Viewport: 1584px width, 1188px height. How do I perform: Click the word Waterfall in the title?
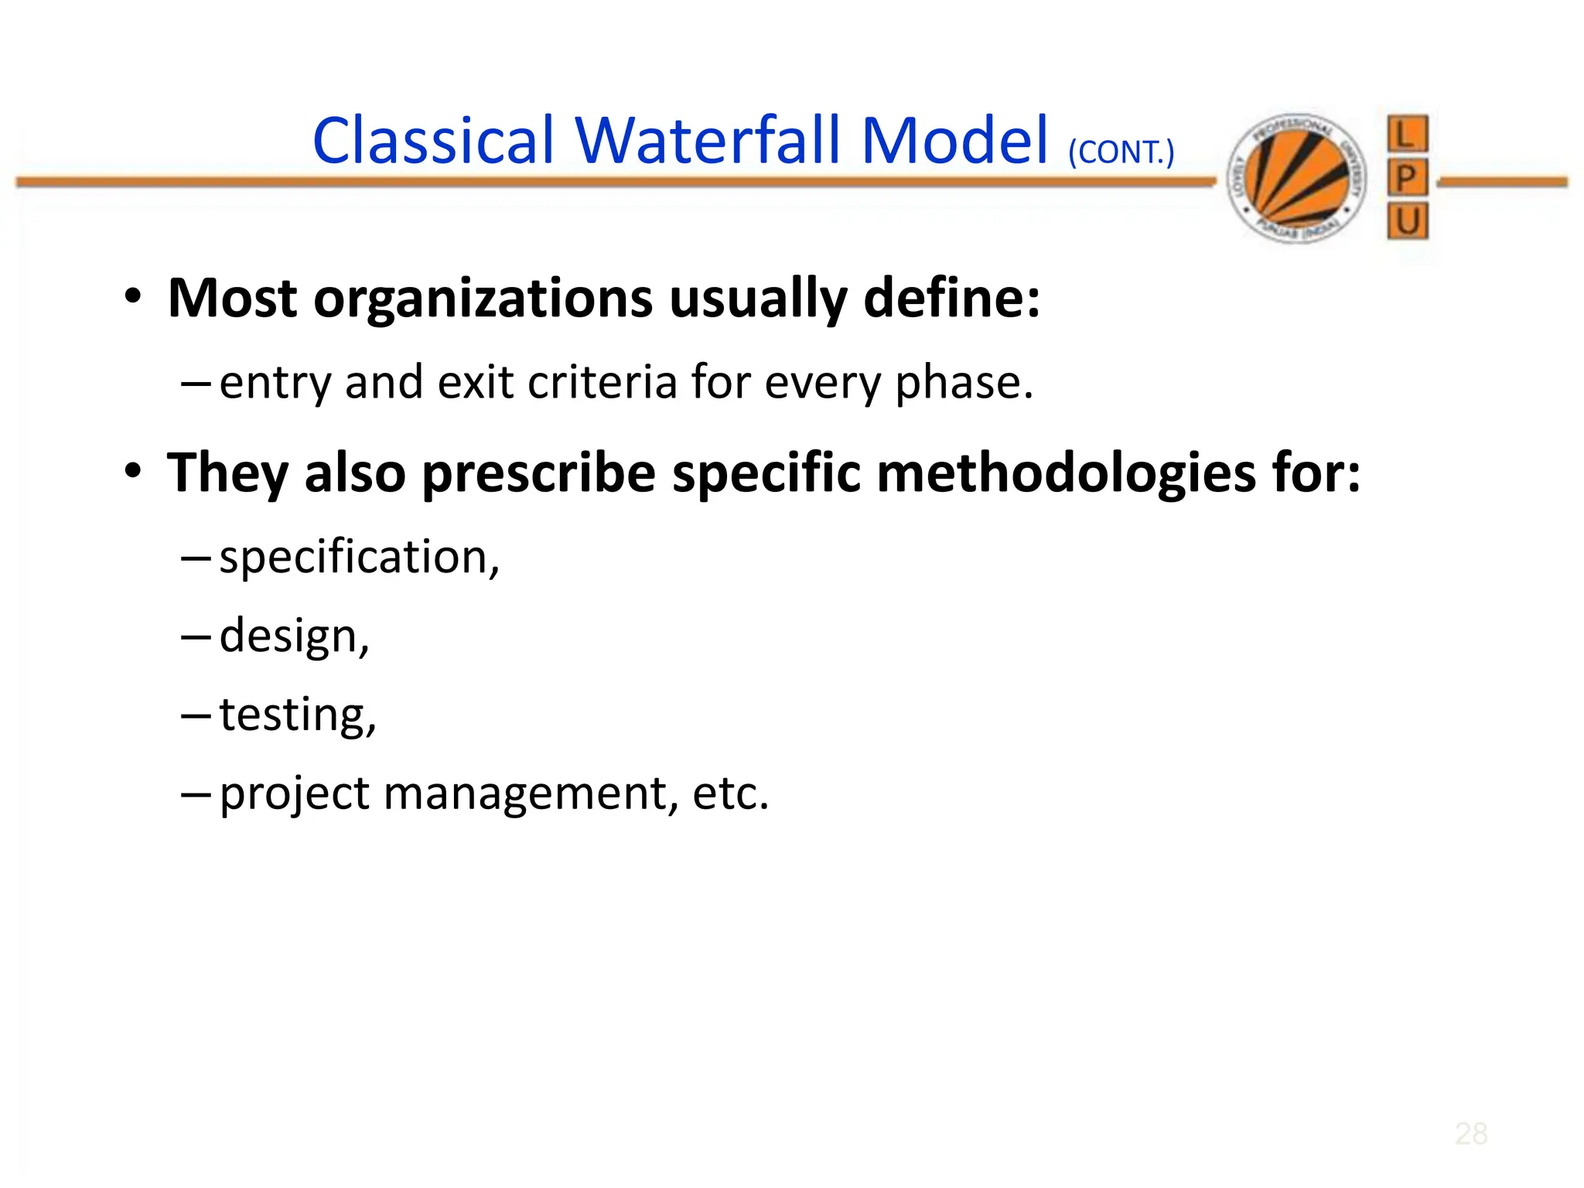click(708, 142)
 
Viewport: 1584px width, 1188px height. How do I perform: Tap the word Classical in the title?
click(433, 142)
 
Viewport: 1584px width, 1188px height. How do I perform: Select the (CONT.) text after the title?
click(1121, 152)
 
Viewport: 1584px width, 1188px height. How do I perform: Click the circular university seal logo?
click(1297, 179)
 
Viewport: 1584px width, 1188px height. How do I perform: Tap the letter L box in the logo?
click(1407, 135)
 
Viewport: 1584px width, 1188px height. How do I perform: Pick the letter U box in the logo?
click(1407, 222)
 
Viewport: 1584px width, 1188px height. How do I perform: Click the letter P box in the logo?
click(1407, 179)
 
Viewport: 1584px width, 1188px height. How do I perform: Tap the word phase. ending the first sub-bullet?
click(964, 384)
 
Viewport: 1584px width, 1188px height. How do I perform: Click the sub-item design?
click(295, 637)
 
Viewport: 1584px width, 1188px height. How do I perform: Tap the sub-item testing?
click(298, 715)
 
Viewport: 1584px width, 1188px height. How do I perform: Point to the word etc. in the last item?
click(731, 794)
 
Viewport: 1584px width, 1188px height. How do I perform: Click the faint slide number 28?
click(1470, 1134)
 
